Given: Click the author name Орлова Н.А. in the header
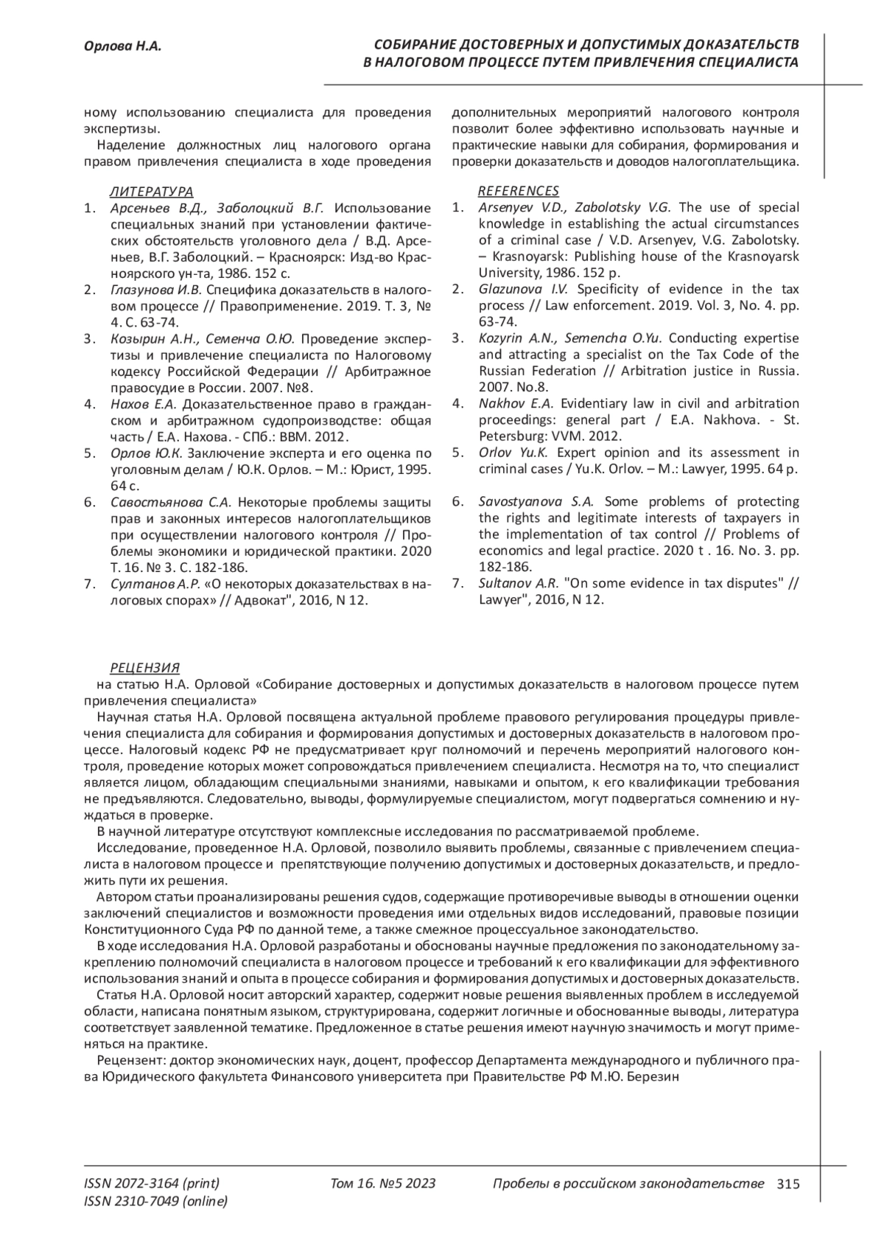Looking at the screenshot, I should click(122, 47).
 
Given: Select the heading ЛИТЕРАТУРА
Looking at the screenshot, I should click(152, 191).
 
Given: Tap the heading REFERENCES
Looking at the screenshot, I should click(519, 191).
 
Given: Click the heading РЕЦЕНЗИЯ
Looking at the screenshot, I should click(145, 668).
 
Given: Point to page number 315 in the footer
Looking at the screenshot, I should click(787, 1184).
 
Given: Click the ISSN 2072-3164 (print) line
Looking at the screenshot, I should click(152, 1184).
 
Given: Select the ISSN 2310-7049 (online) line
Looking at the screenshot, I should click(155, 1202).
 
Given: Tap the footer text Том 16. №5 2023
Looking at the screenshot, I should click(383, 1184).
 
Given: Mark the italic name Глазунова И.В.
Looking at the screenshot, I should click(155, 289).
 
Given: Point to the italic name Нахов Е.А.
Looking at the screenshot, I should click(144, 403).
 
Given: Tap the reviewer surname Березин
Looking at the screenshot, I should click(653, 1077).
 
